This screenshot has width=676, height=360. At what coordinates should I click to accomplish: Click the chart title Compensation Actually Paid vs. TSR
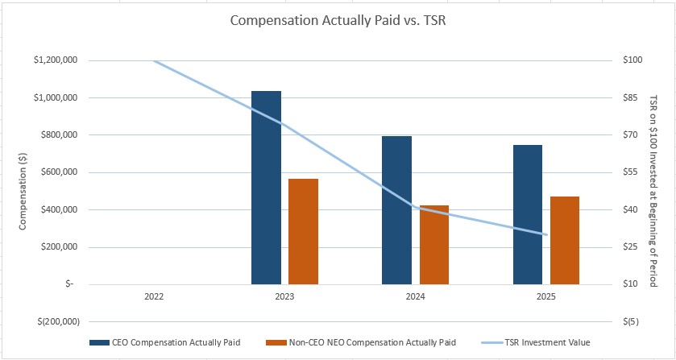pyautogui.click(x=338, y=21)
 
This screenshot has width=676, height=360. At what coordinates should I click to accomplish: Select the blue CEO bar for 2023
pyautogui.click(x=266, y=188)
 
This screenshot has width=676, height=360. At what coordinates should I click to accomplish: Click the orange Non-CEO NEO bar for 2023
pyautogui.click(x=304, y=231)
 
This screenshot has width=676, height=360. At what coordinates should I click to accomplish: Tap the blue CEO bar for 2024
pyautogui.click(x=396, y=210)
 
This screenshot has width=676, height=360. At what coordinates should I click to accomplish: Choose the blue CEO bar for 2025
pyautogui.click(x=528, y=214)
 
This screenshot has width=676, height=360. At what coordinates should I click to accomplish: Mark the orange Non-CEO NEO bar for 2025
pyautogui.click(x=565, y=240)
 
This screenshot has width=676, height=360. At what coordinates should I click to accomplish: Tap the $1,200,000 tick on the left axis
pyautogui.click(x=56, y=60)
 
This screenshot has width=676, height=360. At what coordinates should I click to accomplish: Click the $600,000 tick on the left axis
pyautogui.click(x=59, y=172)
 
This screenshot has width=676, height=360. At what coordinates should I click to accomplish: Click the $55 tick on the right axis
pyautogui.click(x=631, y=172)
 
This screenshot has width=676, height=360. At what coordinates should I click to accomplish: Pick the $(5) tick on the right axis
pyautogui.click(x=631, y=321)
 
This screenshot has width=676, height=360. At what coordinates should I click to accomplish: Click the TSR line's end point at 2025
pyautogui.click(x=546, y=234)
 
